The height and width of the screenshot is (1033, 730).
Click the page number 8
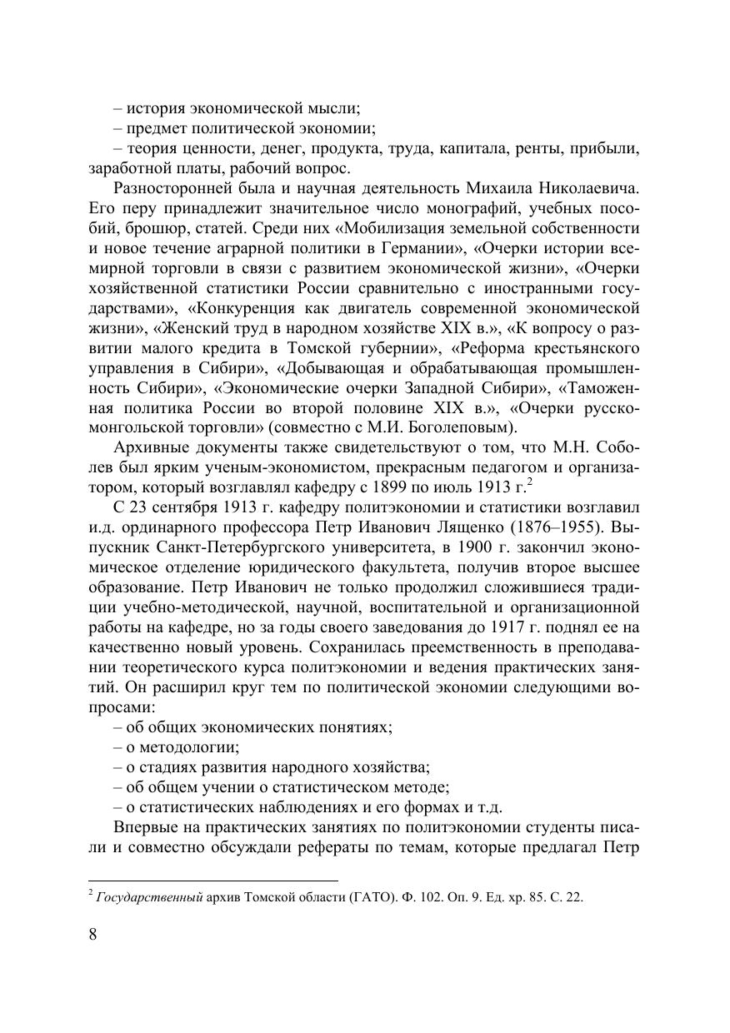92,933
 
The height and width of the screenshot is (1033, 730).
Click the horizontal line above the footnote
212,880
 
